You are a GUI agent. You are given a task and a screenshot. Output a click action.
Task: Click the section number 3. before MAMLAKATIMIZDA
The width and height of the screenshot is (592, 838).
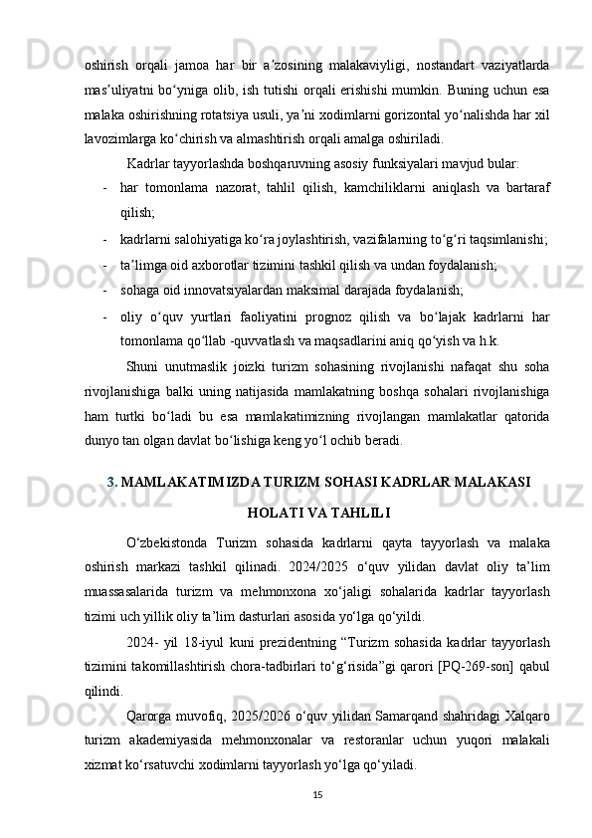coord(112,483)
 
